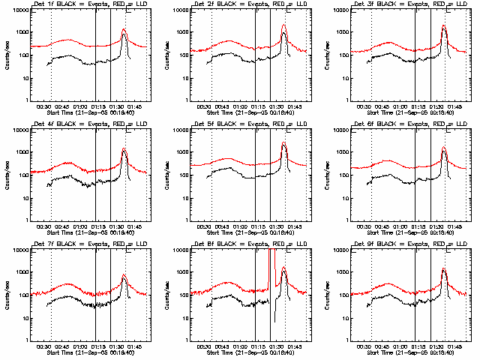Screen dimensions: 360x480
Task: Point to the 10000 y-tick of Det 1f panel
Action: click(17, 10)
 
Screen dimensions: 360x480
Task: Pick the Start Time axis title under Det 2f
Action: click(248, 112)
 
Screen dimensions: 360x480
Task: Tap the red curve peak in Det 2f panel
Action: click(284, 25)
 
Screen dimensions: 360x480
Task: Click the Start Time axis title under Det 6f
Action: click(409, 232)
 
